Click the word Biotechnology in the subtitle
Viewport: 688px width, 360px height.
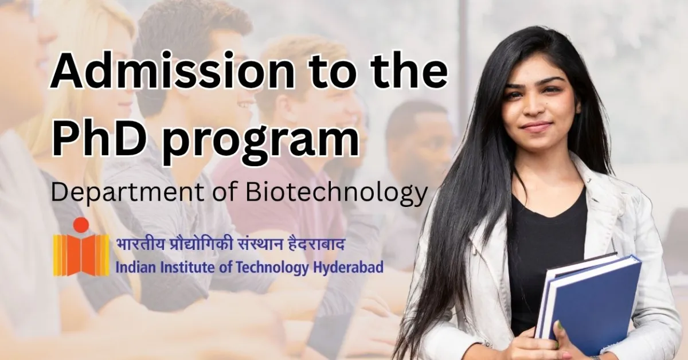pyautogui.click(x=337, y=193)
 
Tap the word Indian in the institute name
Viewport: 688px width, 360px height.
pyautogui.click(x=132, y=267)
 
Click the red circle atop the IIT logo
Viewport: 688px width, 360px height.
pyautogui.click(x=81, y=225)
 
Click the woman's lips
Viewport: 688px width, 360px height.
pyautogui.click(x=537, y=127)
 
